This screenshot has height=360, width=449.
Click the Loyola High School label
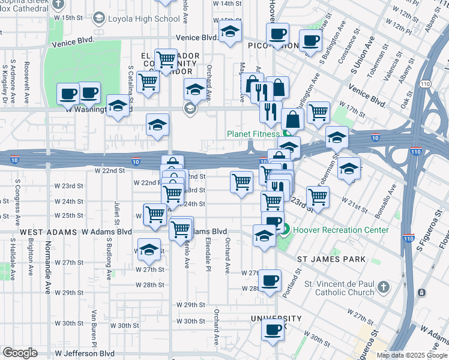coord(143,19)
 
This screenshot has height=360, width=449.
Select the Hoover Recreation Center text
coord(340,229)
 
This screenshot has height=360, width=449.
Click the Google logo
coord(20,353)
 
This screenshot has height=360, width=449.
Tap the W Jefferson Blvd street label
coord(89,354)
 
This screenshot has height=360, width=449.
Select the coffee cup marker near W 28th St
coord(270,280)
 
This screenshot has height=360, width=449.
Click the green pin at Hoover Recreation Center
coord(286,229)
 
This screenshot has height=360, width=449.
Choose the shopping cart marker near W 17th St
coord(318,112)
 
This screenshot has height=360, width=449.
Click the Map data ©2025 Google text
coord(412,355)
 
